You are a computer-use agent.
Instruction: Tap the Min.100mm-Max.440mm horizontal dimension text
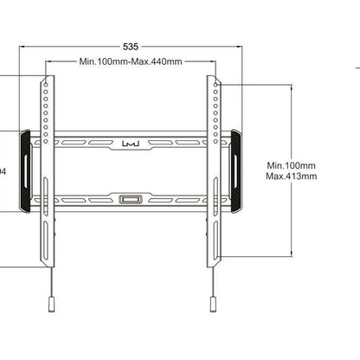[130, 62]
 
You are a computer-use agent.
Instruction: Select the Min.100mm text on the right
[291, 164]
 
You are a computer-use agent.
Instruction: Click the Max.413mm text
[291, 176]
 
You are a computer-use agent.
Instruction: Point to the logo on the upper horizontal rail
[130, 141]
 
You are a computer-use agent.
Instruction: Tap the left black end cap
[25, 170]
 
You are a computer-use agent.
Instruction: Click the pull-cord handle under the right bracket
[211, 305]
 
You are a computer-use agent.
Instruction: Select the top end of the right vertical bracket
[212, 78]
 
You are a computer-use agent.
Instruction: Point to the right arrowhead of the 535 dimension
[240, 47]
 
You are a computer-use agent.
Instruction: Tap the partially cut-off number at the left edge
[3, 171]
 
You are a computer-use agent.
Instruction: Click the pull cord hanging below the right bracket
[211, 281]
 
